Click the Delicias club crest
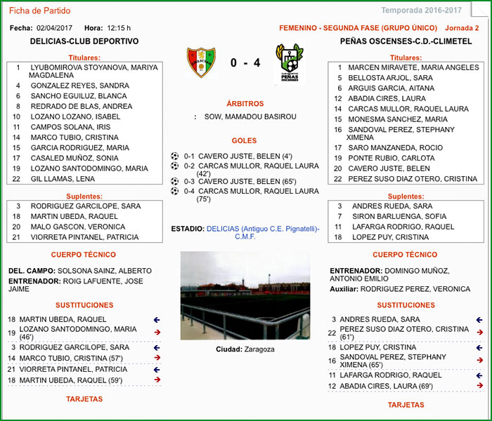point(201,62)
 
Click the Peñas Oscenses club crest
point(289,62)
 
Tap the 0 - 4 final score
point(245,63)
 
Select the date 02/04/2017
point(54,28)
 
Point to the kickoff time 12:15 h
point(119,28)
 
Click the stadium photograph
point(245,296)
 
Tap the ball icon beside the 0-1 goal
point(175,156)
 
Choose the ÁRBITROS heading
point(245,104)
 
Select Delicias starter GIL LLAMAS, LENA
point(63,179)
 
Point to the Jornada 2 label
point(462,28)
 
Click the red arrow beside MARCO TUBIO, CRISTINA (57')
point(157,358)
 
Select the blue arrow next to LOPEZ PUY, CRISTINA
point(479,347)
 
